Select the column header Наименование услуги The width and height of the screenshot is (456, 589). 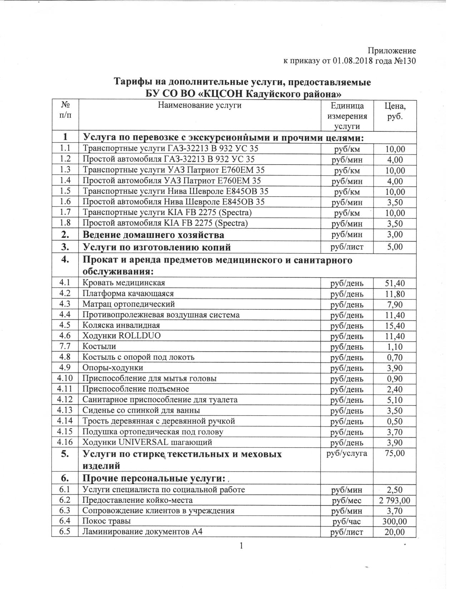199,105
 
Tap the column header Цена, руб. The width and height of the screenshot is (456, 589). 395,111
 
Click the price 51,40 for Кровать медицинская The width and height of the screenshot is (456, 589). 395,283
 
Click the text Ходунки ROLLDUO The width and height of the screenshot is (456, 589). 122,336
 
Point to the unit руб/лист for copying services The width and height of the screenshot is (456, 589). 347,247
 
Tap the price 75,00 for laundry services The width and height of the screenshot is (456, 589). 395,453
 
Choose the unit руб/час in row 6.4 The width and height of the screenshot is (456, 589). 347,522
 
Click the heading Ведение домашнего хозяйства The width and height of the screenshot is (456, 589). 153,235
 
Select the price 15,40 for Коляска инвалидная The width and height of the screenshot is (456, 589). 395,326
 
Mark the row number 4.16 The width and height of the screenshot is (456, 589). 65,442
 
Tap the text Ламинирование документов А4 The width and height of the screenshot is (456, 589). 143,532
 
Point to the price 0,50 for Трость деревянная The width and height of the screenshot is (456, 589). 395,421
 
